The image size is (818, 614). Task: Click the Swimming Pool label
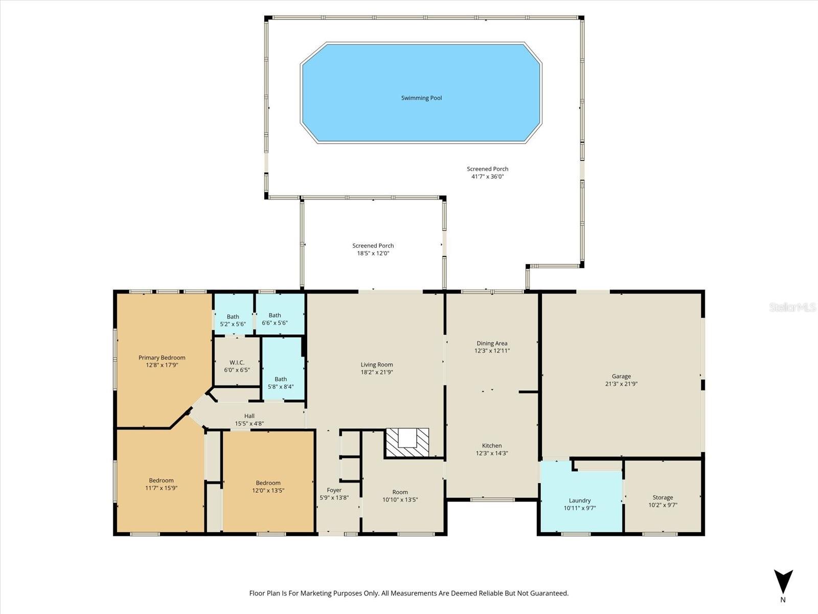pyautogui.click(x=421, y=98)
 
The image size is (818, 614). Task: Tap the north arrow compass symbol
pyautogui.click(x=783, y=582)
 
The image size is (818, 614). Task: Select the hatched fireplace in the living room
pyautogui.click(x=407, y=443)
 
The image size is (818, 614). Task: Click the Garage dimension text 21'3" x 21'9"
pyautogui.click(x=621, y=384)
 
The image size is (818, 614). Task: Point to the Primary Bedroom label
pyautogui.click(x=162, y=358)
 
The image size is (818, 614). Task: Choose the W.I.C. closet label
pyautogui.click(x=237, y=362)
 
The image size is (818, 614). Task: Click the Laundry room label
pyautogui.click(x=580, y=501)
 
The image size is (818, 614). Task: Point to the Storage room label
pyautogui.click(x=663, y=497)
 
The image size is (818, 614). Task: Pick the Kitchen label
pyautogui.click(x=492, y=446)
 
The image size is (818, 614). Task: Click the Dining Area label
pyautogui.click(x=492, y=343)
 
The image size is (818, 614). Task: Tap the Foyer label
pyautogui.click(x=334, y=490)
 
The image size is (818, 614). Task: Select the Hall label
pyautogui.click(x=249, y=416)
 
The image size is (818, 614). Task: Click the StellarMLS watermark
pyautogui.click(x=792, y=307)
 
